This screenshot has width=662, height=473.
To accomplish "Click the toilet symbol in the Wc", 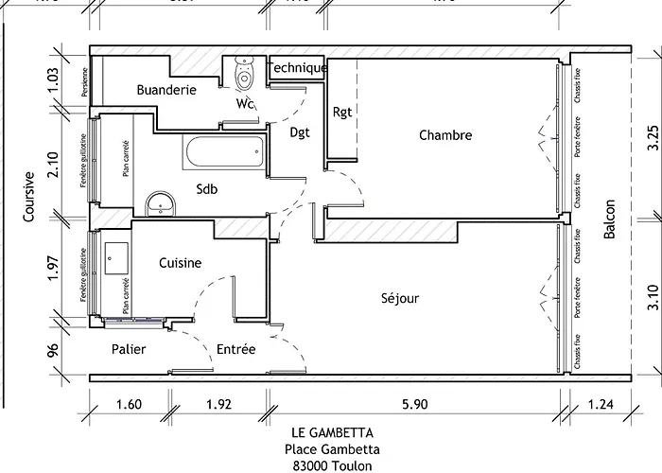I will coord(244,72).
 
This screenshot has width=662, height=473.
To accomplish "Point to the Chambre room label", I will coord(444,136).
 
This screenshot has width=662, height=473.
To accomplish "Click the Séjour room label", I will coord(399,298).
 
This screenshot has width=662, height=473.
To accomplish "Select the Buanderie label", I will coord(165,91).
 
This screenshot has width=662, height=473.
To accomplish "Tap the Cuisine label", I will coord(180,263).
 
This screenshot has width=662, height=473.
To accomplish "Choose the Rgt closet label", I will coord(342,113).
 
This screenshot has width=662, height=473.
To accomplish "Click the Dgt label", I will coord(301,132).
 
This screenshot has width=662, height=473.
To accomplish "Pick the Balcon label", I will coord(610,219).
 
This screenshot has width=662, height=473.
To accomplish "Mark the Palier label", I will coord(129,349).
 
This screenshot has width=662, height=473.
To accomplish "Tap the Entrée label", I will coord(235,349).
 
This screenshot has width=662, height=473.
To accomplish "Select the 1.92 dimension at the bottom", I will coord(219,405).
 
